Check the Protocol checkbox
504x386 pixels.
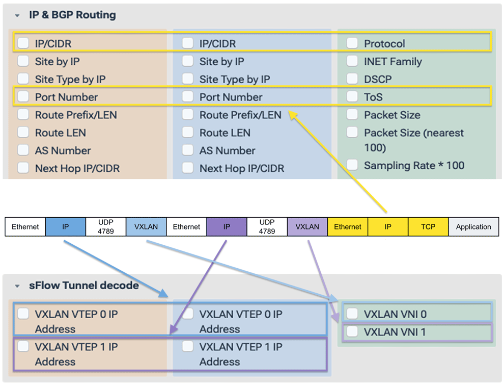click(x=352, y=43)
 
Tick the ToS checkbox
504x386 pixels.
click(x=352, y=96)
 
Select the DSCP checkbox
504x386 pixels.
click(x=352, y=79)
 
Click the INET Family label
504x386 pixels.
click(x=393, y=62)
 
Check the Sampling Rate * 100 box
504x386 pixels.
click(x=352, y=165)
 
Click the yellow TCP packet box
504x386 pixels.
click(x=428, y=227)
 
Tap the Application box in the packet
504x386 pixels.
click(x=473, y=227)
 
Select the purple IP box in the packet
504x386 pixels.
click(x=227, y=227)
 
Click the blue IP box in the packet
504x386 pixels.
click(x=65, y=227)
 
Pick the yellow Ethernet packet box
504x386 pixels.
click(x=348, y=227)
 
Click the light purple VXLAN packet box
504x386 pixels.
click(x=307, y=227)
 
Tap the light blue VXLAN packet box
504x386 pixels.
click(x=146, y=227)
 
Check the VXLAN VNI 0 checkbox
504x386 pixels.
click(x=352, y=314)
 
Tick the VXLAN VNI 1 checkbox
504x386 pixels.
click(x=352, y=332)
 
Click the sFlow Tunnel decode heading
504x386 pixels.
click(x=83, y=286)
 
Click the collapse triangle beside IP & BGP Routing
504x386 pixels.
click(x=17, y=16)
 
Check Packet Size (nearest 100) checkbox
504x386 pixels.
click(x=352, y=133)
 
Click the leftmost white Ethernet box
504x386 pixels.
click(x=25, y=227)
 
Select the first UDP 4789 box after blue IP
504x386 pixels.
click(x=105, y=227)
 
